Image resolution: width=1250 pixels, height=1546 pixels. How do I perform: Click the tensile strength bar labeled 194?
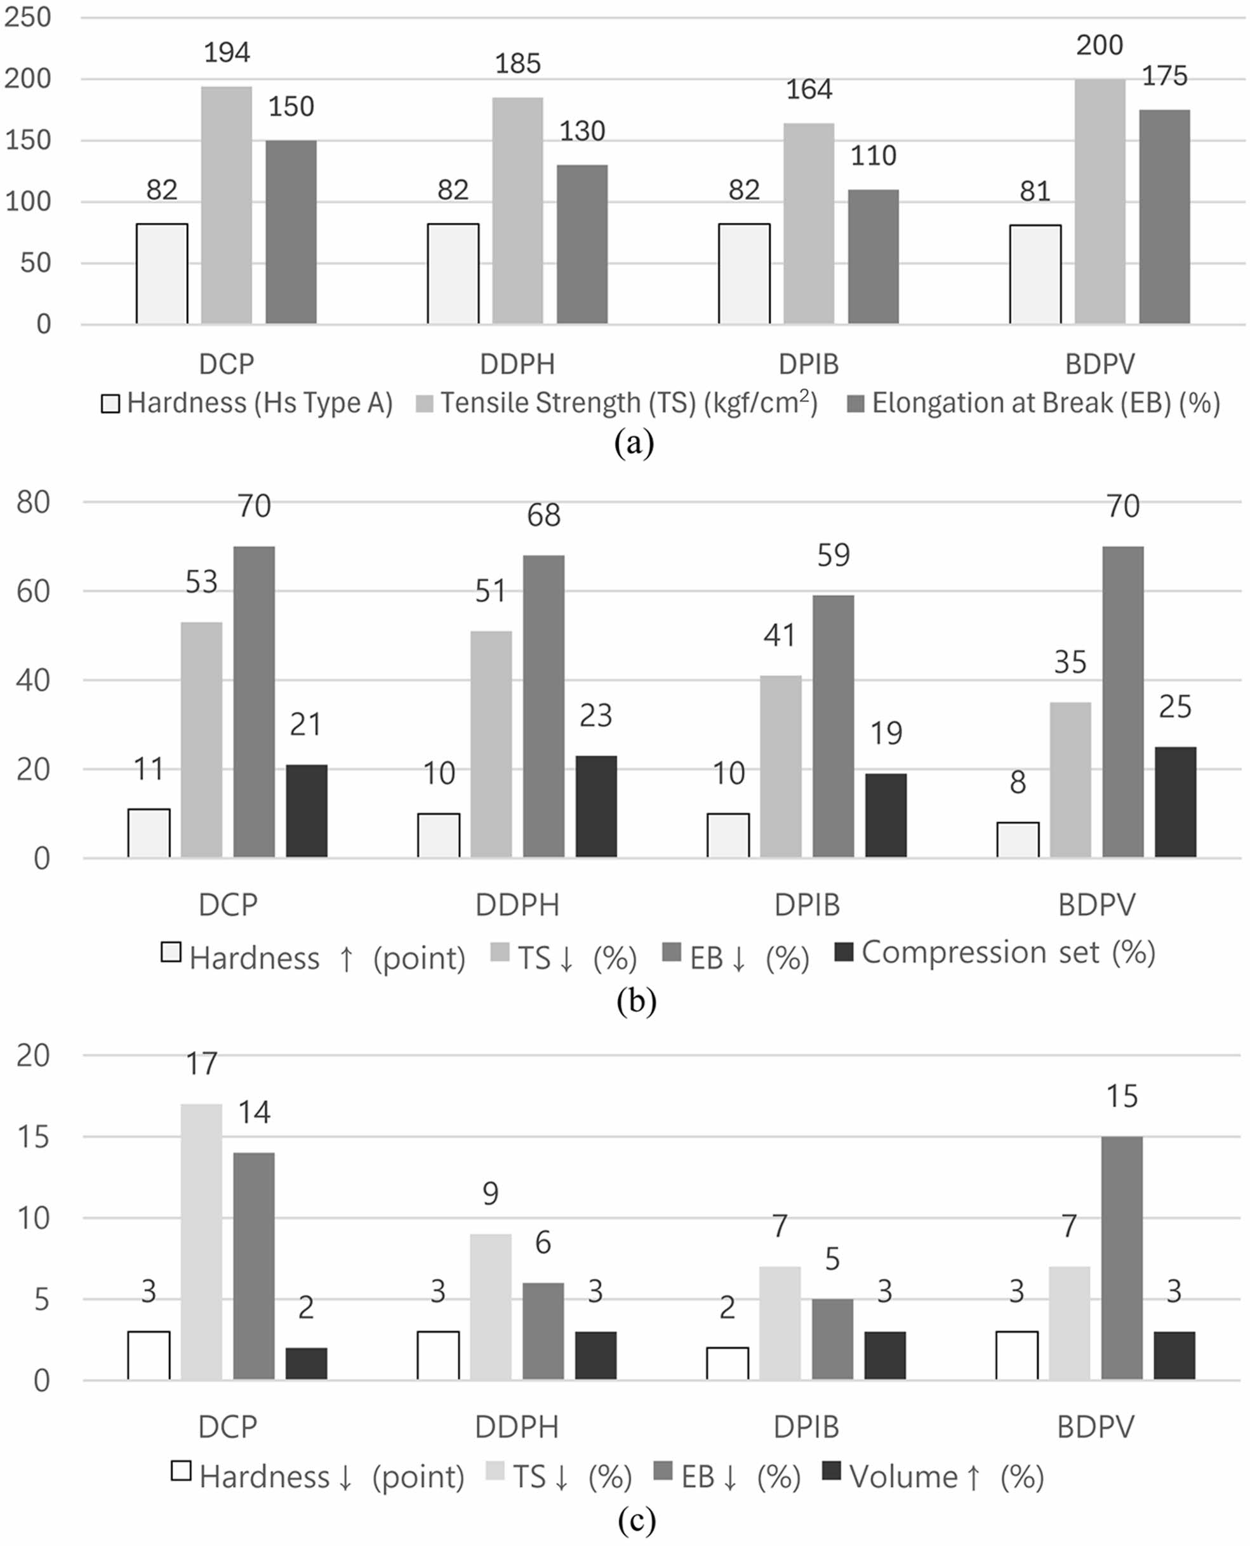[x=227, y=205]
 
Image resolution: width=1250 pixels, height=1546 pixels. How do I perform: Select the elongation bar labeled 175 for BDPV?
[x=1164, y=216]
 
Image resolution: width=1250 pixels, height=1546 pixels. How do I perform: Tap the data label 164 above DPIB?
[x=809, y=90]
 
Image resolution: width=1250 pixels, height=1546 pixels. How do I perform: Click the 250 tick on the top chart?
[x=27, y=17]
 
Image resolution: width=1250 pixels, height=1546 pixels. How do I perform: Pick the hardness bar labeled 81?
[x=1035, y=274]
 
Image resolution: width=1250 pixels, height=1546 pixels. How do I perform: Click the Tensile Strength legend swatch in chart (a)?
[x=425, y=404]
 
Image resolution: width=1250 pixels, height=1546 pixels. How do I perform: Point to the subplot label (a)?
[x=634, y=442]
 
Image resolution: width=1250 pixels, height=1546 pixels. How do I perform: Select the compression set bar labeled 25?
[x=1175, y=802]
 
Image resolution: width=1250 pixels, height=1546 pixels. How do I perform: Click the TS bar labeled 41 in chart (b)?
[x=780, y=767]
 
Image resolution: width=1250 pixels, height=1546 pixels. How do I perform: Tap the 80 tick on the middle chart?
[x=33, y=503]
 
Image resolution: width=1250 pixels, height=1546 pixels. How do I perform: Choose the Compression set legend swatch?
[x=844, y=952]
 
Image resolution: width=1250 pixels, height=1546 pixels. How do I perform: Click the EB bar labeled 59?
[x=833, y=726]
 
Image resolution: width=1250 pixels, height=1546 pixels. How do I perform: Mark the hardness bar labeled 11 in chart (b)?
[x=149, y=833]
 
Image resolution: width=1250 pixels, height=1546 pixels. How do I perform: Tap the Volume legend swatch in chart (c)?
[x=832, y=1470]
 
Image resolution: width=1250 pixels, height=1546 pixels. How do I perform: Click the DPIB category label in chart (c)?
[x=806, y=1427]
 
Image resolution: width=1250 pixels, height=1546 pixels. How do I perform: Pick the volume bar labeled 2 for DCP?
[x=306, y=1364]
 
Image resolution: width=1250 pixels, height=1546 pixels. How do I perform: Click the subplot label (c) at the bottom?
[x=637, y=1520]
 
